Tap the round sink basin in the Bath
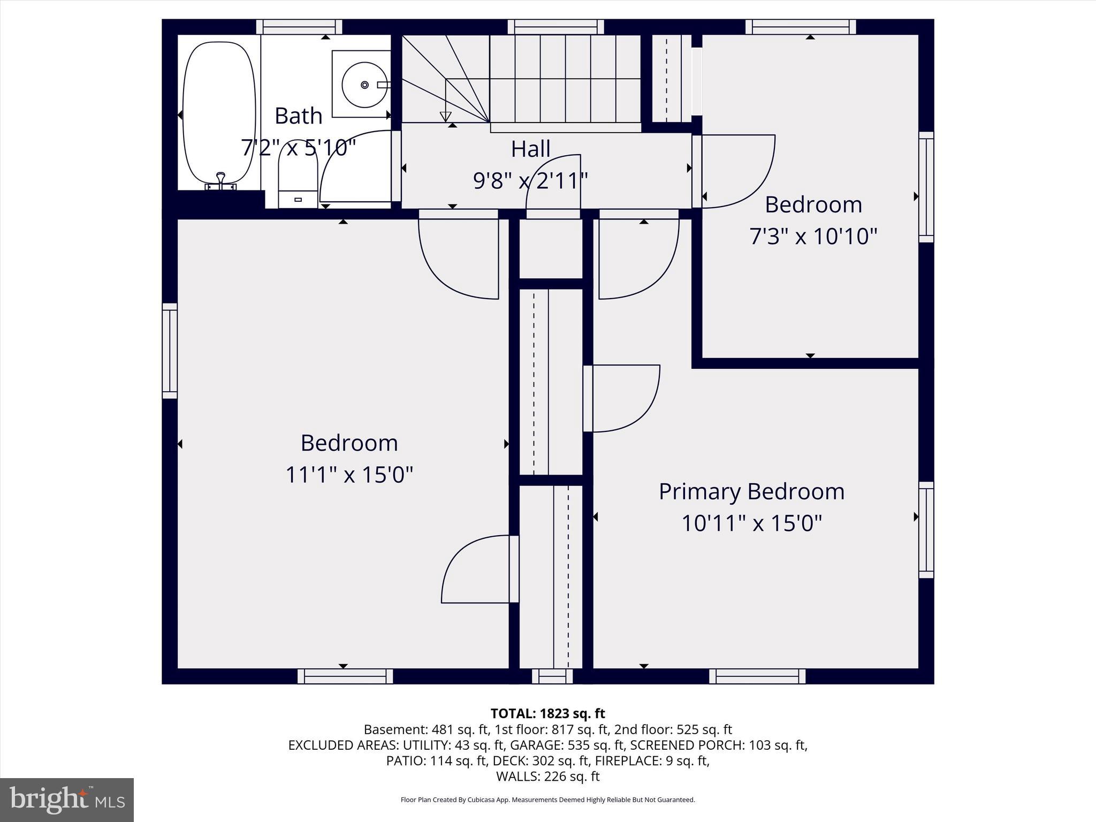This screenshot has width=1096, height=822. pos(365,85)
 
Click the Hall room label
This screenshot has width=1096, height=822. pos(530,149)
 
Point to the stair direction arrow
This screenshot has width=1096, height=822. pos(445,116)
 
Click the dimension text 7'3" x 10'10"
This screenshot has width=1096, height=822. pos(813,236)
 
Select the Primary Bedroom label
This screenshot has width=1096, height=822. pos(751,491)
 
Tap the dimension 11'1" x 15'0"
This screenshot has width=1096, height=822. pos(349,474)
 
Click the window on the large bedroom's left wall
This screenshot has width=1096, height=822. pos(170,351)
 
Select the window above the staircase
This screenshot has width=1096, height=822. pos(555,27)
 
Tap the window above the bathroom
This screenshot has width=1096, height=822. pos(299,27)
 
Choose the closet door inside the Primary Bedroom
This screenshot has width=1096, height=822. pos(623,398)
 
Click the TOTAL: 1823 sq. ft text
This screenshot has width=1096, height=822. pos(547,713)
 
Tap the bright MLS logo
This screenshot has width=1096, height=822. pos(67,800)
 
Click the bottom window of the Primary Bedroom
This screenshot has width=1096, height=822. pos(757,676)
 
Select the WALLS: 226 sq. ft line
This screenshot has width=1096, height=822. pos(547,776)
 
